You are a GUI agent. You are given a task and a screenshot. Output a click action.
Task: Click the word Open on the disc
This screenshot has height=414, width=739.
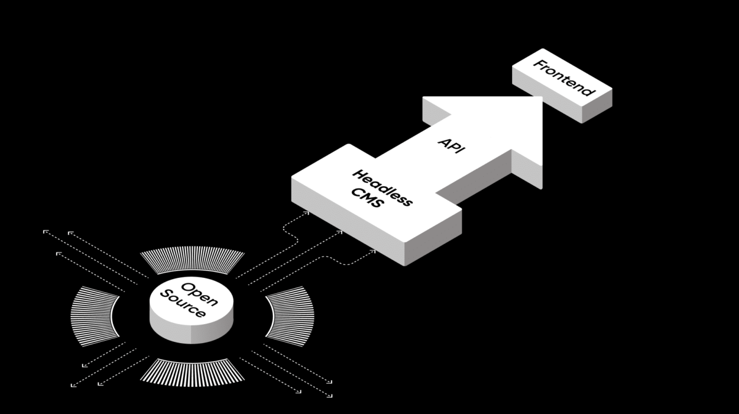[x=199, y=295]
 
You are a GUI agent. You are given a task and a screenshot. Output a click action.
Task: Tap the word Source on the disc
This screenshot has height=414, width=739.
[x=183, y=304]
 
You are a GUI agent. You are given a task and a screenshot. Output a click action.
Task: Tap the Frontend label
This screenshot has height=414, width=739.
[x=563, y=77]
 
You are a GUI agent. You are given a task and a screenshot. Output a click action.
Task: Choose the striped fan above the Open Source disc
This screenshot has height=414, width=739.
[x=192, y=260]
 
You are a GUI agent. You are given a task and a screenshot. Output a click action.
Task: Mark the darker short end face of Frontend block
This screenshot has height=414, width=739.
[x=597, y=106]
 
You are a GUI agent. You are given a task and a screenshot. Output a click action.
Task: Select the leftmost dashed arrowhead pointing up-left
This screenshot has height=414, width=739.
[x=46, y=232]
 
